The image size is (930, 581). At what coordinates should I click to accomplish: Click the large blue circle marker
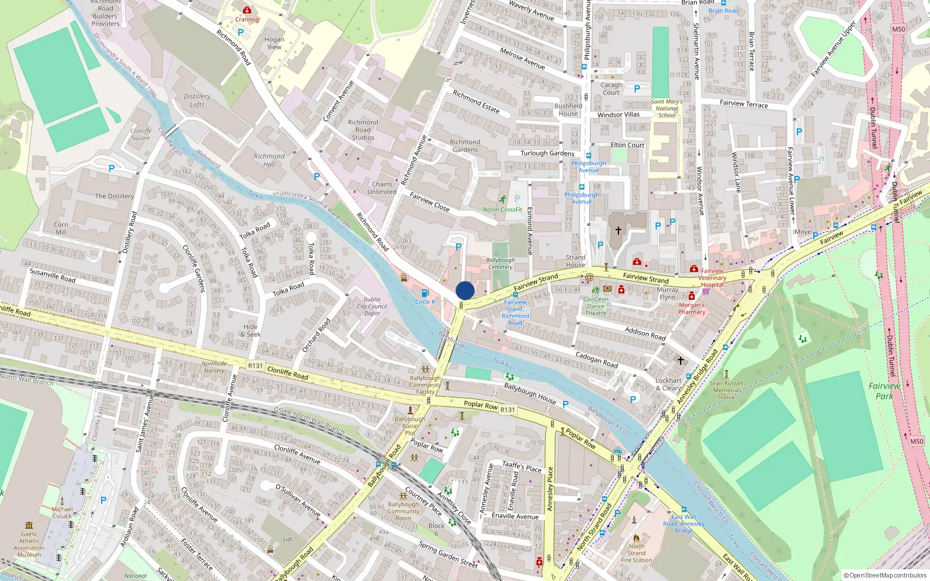click(465, 290)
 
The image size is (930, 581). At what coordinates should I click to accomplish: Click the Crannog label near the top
click(247, 19)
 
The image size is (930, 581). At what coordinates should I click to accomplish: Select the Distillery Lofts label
click(197, 101)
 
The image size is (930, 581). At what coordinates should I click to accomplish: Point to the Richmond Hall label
click(269, 160)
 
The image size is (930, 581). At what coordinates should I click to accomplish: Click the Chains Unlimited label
click(382, 188)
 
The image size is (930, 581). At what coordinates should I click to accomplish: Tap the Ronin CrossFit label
click(503, 209)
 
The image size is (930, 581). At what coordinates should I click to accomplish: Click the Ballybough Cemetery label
click(500, 263)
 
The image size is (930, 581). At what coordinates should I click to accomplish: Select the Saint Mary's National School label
click(667, 108)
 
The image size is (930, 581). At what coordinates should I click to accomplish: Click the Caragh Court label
click(611, 88)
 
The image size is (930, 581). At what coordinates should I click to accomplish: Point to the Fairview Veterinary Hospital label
click(712, 278)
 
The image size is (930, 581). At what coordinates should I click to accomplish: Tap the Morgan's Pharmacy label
click(692, 308)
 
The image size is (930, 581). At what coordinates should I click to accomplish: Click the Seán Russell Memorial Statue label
click(726, 390)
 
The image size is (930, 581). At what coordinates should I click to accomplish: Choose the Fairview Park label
click(884, 390)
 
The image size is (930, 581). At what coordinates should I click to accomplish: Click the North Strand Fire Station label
click(636, 553)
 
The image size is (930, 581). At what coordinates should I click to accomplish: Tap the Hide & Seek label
click(251, 330)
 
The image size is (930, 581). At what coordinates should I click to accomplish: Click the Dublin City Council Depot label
click(372, 306)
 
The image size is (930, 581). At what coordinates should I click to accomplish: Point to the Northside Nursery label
click(214, 367)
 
